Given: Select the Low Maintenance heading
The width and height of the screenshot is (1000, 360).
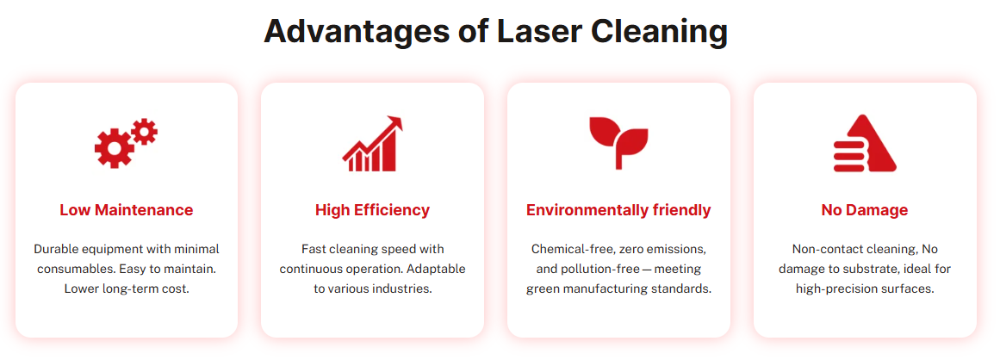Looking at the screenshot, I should pyautogui.click(x=127, y=210).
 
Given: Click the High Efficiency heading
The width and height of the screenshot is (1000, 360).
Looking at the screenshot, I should pyautogui.click(x=372, y=210).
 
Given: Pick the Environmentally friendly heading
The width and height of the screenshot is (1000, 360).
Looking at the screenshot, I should pyautogui.click(x=618, y=210).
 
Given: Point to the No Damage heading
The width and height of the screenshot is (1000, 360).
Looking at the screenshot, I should pyautogui.click(x=865, y=210).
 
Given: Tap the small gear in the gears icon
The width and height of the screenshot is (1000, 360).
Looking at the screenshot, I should pyautogui.click(x=145, y=132).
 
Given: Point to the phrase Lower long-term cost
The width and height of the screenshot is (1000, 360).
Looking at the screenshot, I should pyautogui.click(x=127, y=289).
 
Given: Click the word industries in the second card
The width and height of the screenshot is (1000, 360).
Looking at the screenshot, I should pyautogui.click(x=401, y=289).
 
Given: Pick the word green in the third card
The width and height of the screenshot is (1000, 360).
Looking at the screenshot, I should pyautogui.click(x=543, y=289).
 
